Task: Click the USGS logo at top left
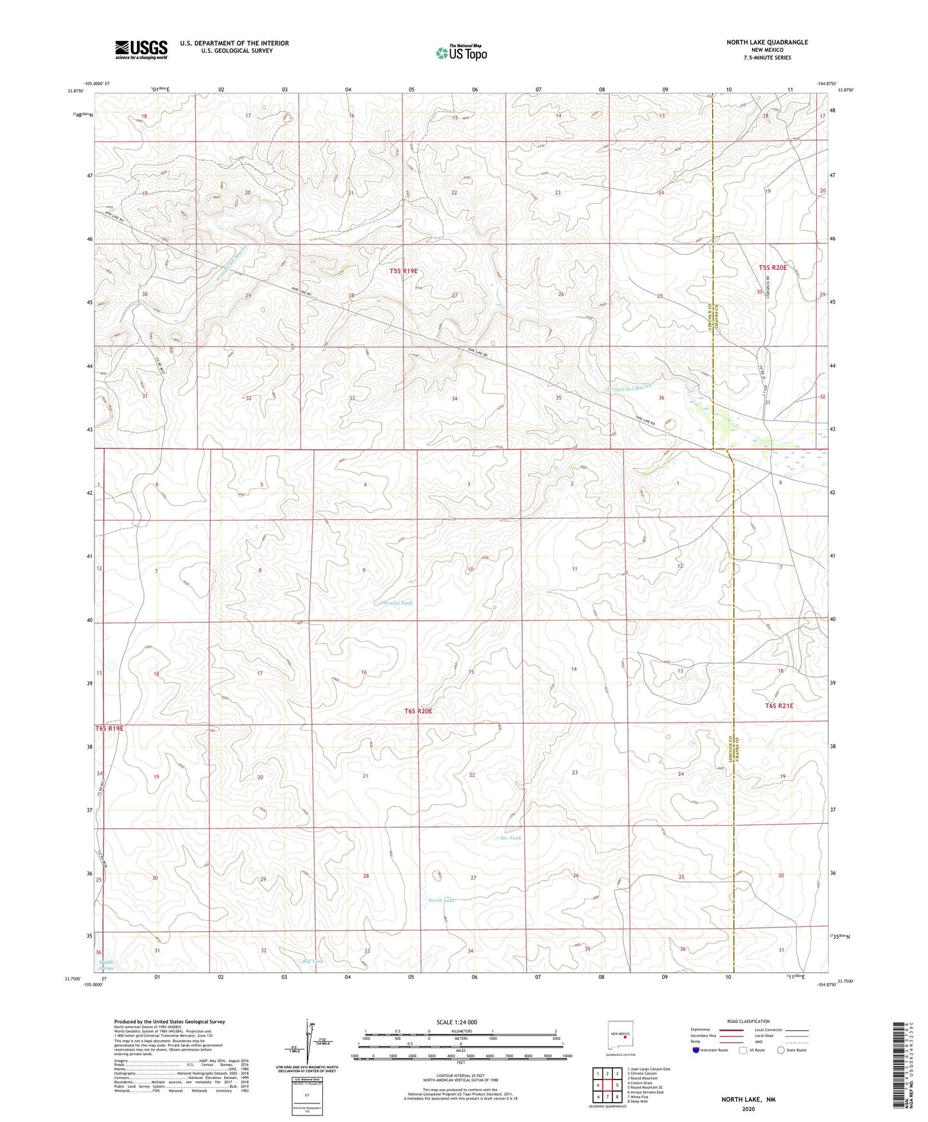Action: tap(141, 49)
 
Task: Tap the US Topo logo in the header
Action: tap(460, 53)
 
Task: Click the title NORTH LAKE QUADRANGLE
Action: tap(767, 42)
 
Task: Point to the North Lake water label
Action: tap(441, 900)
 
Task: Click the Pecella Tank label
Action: tap(396, 603)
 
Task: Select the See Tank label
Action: tap(511, 838)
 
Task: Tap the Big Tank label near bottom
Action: tap(313, 961)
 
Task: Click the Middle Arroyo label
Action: tap(106, 965)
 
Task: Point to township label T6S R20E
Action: tap(418, 711)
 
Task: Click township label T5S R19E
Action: tap(403, 271)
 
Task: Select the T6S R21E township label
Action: tap(779, 706)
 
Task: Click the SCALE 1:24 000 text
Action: tap(457, 1022)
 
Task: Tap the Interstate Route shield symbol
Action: tap(696, 1050)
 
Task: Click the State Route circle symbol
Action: tap(781, 1050)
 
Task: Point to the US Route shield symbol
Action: tap(744, 1050)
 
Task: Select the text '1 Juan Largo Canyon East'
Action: tap(648, 1069)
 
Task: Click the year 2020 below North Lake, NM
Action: tap(748, 1109)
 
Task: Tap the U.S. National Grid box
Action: tap(307, 1095)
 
